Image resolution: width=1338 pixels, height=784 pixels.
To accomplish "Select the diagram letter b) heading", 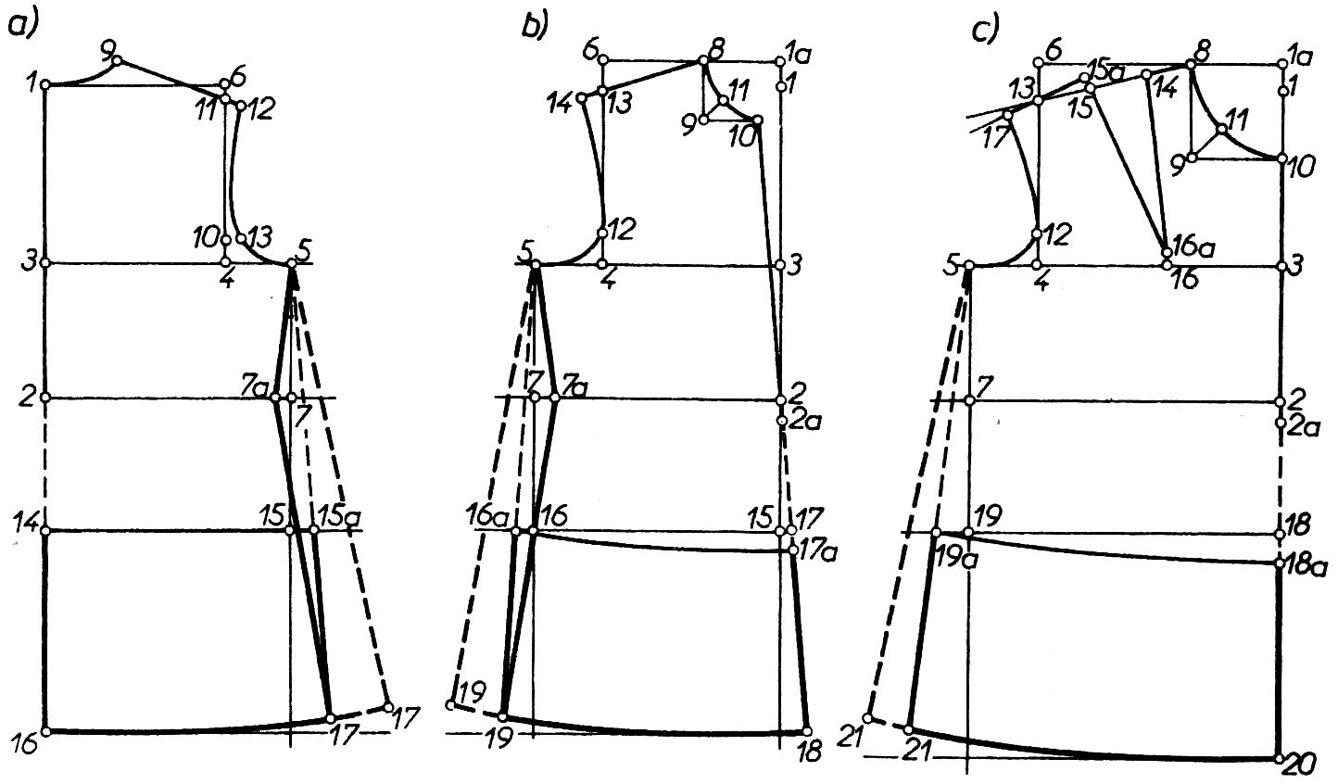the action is coord(536,26).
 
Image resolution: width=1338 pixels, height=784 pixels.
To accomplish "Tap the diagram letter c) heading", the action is coord(986,30).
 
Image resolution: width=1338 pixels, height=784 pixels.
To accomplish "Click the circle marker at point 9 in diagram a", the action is coord(118,60).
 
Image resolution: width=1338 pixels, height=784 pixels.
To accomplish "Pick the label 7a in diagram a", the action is coord(254,387).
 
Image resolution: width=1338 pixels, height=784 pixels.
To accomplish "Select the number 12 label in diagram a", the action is coord(259,108).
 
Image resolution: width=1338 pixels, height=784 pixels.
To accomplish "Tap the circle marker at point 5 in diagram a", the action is coord(292,263).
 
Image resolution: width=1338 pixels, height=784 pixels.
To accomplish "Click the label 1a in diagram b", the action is coord(800,54).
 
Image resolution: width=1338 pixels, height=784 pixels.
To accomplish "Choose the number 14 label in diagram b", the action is coord(561,104).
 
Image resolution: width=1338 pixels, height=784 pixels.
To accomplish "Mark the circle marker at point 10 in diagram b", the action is coord(757,120).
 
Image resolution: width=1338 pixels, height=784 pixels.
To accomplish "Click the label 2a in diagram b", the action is coord(805,421).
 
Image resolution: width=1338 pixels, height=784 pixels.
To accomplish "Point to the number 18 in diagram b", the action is coord(809,752).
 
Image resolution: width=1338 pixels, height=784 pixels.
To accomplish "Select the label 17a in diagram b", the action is coord(819,552).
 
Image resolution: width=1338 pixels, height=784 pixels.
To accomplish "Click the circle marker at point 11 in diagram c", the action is coord(1221,129).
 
